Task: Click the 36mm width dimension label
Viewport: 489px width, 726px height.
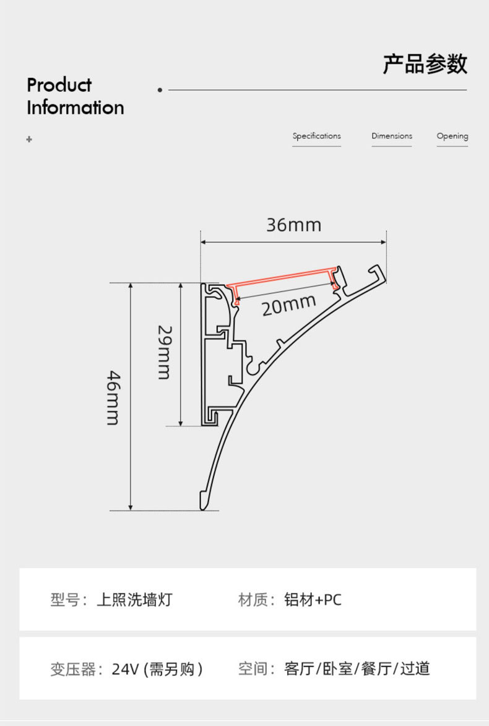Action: click(x=293, y=225)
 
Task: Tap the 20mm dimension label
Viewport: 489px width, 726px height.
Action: click(x=288, y=305)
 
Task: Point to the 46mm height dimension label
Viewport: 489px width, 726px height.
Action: click(x=113, y=397)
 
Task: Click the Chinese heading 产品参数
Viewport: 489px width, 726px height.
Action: click(x=425, y=64)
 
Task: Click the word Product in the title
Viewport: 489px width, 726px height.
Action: click(x=59, y=85)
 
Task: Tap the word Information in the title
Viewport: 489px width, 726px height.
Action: click(x=76, y=108)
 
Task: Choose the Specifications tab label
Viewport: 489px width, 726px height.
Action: click(x=316, y=136)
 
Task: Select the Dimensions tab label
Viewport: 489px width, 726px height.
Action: click(x=392, y=136)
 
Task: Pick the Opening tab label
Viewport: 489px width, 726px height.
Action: click(x=452, y=136)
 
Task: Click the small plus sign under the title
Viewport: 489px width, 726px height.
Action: click(x=29, y=140)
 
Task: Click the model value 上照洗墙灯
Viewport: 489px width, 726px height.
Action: click(x=134, y=599)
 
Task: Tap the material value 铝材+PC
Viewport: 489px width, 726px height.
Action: click(x=313, y=599)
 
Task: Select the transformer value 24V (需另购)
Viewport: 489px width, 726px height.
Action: click(x=157, y=669)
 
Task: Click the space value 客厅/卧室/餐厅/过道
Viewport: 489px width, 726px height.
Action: click(x=357, y=668)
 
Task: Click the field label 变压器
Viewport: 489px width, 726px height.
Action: click(x=73, y=669)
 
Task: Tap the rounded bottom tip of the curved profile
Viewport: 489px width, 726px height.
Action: click(x=204, y=501)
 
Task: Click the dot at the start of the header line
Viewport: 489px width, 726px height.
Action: click(x=160, y=90)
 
